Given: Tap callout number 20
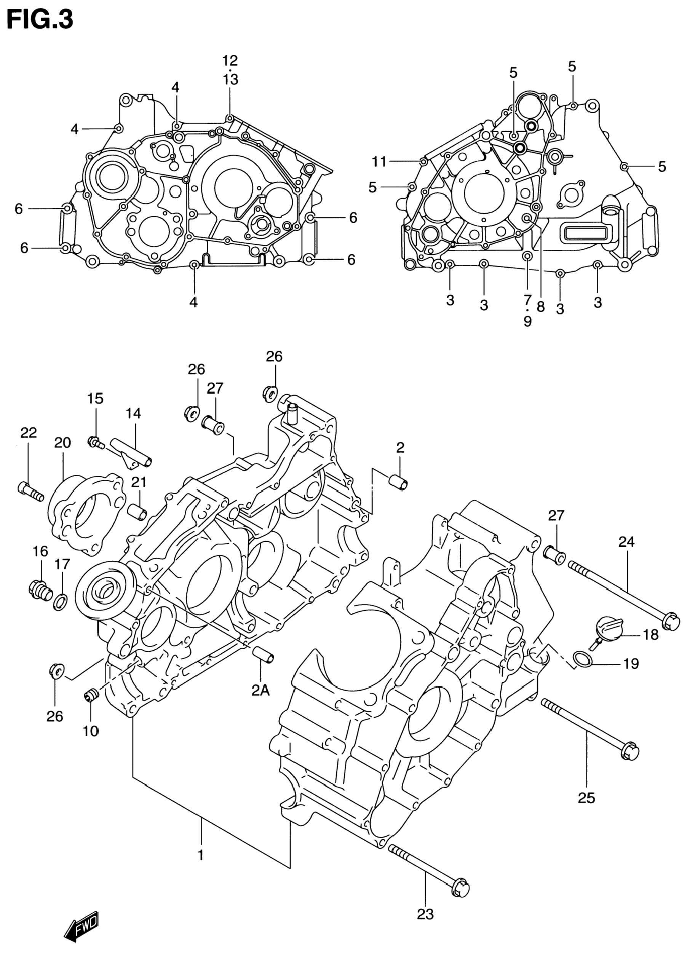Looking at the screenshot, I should [x=62, y=442].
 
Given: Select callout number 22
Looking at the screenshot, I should [x=29, y=433].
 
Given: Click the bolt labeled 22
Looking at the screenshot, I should [x=31, y=492].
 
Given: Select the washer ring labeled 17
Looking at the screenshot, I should [x=60, y=603].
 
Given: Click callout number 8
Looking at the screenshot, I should [x=540, y=307].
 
